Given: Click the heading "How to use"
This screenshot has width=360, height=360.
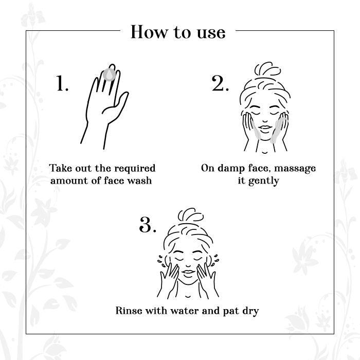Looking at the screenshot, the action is point(178,32).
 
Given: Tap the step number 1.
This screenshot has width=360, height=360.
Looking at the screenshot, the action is point(62,83).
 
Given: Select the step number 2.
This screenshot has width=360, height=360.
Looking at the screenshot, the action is point(220,83).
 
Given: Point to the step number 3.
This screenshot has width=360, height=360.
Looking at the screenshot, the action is point(148,224).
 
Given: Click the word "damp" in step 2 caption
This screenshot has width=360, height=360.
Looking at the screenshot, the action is point(231,169).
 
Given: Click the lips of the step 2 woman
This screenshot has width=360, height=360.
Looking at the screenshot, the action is point(265,128).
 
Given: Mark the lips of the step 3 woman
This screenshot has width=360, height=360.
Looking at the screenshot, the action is point(188,272).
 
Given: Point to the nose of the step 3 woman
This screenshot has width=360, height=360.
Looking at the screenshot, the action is point(188,266).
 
